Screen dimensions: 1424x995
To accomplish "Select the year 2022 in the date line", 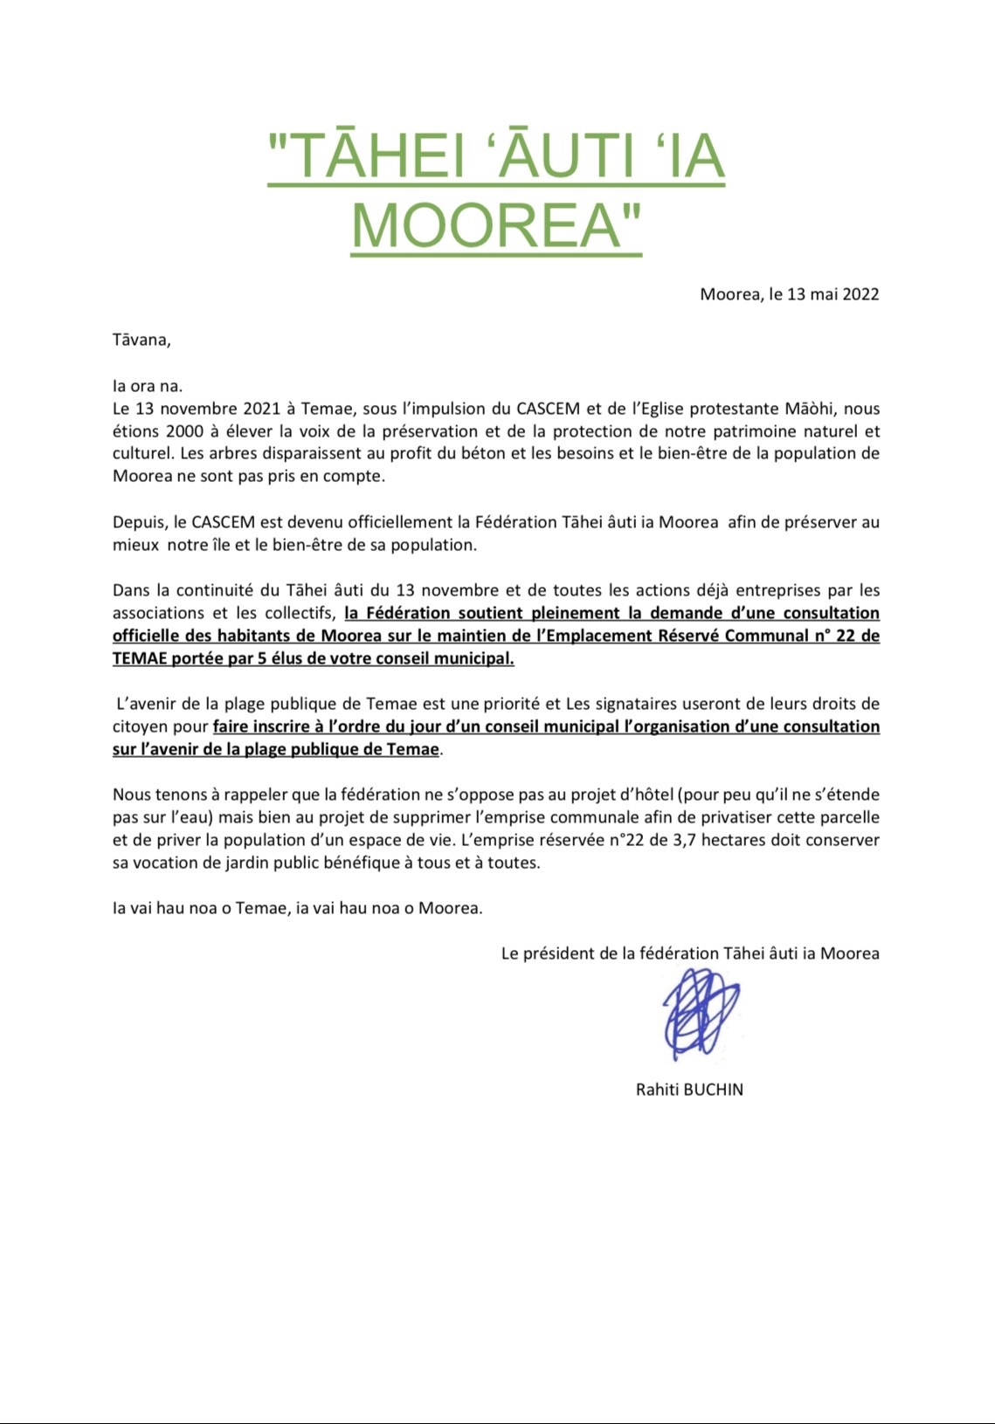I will coord(860,294).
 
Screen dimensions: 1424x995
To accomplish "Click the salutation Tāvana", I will coord(141,341).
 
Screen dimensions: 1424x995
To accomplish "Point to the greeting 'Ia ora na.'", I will coord(148,386).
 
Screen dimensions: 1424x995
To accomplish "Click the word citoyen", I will coord(138,726).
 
